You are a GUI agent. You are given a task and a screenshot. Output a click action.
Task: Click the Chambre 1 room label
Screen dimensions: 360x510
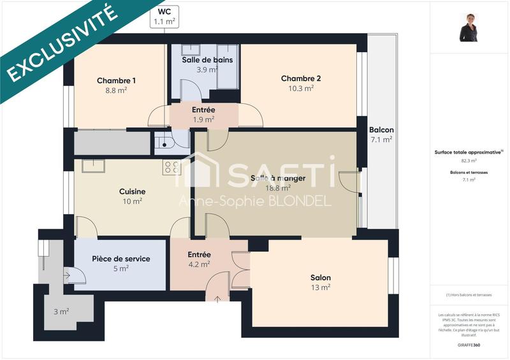point(116,81)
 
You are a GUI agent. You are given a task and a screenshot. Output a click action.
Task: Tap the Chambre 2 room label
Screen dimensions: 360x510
point(301,78)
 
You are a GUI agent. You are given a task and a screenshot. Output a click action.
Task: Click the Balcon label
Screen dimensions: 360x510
point(381,130)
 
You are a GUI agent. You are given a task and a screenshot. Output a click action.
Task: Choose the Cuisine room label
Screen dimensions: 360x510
point(132,191)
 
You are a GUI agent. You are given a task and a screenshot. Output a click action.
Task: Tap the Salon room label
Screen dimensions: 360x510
point(320,278)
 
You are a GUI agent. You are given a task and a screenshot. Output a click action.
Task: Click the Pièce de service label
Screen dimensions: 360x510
point(121,259)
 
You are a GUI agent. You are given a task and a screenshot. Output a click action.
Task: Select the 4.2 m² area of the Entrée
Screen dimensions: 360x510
point(199,264)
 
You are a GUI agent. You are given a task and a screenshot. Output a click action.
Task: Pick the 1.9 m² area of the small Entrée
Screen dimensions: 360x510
point(203,119)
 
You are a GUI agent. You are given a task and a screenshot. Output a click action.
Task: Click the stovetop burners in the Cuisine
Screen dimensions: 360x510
point(171,168)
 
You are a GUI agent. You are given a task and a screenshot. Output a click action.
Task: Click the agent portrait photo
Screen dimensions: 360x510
point(469,27)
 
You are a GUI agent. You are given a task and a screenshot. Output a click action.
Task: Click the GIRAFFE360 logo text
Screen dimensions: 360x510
point(469,343)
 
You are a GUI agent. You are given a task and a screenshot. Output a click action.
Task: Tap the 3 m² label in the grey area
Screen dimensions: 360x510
point(61,312)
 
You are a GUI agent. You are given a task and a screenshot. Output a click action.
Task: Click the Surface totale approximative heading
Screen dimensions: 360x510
point(469,152)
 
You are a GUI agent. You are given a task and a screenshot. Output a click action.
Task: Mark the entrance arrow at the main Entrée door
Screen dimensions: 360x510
point(217,298)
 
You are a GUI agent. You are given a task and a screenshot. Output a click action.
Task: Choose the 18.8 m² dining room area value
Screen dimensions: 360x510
point(278,188)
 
